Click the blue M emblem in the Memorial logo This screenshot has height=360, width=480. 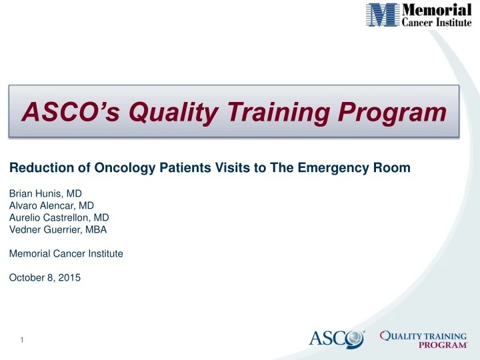[383, 15]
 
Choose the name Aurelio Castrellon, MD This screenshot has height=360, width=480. [59, 218]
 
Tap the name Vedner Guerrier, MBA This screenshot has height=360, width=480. [58, 230]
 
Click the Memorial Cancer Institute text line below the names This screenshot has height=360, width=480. [66, 254]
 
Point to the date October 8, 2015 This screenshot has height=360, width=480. [45, 278]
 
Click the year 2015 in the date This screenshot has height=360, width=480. [69, 278]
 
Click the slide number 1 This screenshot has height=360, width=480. [22, 341]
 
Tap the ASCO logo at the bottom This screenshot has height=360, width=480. [336, 339]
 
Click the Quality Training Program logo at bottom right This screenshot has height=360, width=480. [423, 339]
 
